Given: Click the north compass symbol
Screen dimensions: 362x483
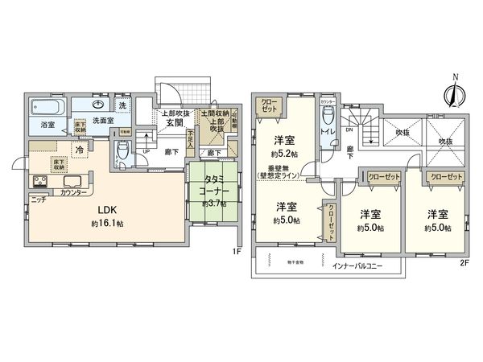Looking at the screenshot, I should pyautogui.click(x=455, y=91).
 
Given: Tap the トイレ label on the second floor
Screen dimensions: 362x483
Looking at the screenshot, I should pyautogui.click(x=328, y=127).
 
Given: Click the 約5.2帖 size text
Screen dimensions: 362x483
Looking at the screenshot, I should pyautogui.click(x=284, y=153).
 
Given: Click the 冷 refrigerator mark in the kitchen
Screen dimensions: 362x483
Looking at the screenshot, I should pyautogui.click(x=81, y=150).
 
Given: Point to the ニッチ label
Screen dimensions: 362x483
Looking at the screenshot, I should pyautogui.click(x=38, y=198).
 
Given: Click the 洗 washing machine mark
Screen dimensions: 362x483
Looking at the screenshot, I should pyautogui.click(x=123, y=105).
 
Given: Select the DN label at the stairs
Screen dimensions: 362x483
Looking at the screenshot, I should pyautogui.click(x=349, y=129).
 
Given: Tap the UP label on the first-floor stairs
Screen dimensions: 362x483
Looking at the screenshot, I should pyautogui.click(x=145, y=150).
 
